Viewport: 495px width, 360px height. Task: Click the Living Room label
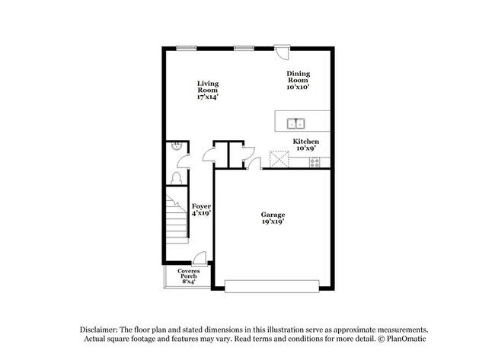pos(208,90)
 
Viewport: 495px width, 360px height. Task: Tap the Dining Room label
pos(298,80)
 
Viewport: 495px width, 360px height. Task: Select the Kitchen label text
pos(306,142)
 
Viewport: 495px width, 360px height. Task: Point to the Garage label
pos(273,219)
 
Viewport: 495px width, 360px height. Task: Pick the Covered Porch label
pos(188,276)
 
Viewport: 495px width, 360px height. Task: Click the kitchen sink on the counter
pos(295,123)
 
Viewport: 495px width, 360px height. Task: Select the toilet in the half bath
pos(177,177)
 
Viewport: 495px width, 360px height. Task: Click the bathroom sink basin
pos(176,148)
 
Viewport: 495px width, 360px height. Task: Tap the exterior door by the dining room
pos(283,53)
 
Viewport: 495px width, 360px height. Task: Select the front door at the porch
pos(200,260)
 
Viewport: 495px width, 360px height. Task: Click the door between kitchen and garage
pos(254,163)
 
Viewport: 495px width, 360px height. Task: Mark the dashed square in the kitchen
pos(279,160)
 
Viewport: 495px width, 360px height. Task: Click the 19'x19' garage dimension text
pos(273,225)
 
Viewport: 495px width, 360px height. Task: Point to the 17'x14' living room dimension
pos(208,97)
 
